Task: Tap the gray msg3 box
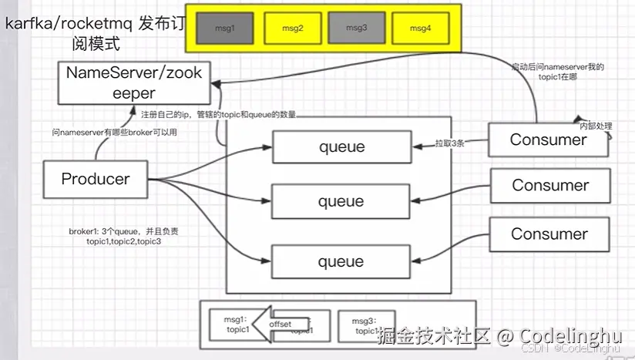pyautogui.click(x=355, y=29)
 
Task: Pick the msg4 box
pyautogui.click(x=420, y=29)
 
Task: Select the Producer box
pyautogui.click(x=96, y=179)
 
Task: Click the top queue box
pyautogui.click(x=341, y=146)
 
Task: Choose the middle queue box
pyautogui.click(x=341, y=202)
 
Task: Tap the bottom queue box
pyautogui.click(x=341, y=262)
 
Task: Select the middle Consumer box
pyautogui.click(x=550, y=186)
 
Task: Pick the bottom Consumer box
pyautogui.click(x=549, y=234)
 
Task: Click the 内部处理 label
pyautogui.click(x=596, y=126)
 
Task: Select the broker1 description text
pyautogui.click(x=124, y=237)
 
